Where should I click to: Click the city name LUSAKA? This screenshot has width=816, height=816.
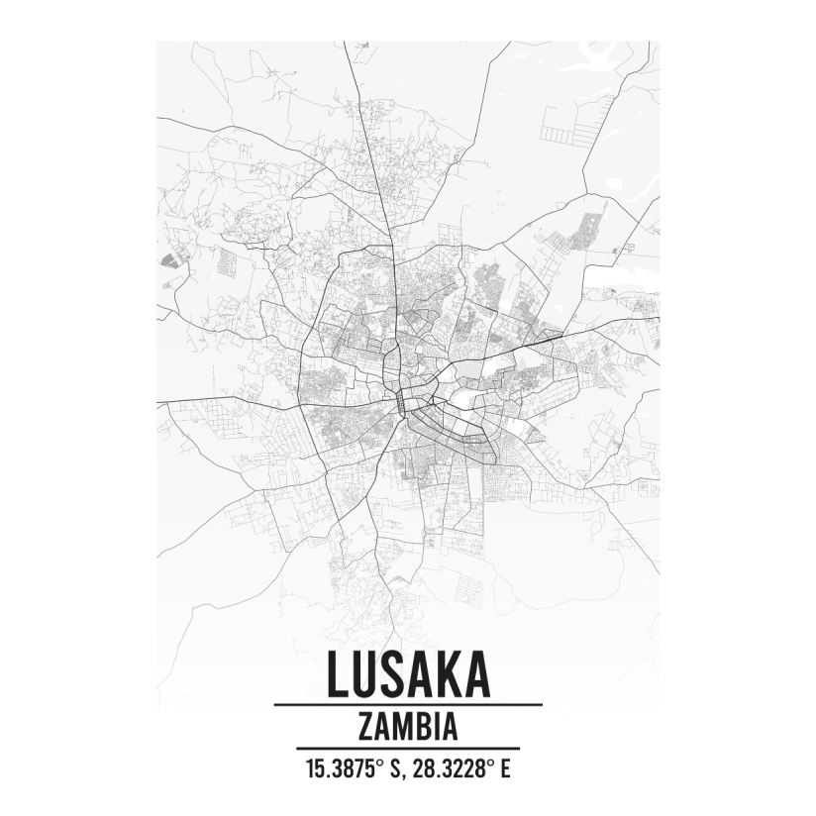pos(407,673)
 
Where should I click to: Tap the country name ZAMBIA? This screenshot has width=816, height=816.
pos(407,727)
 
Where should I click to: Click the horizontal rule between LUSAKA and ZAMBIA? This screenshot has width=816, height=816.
pos(407,704)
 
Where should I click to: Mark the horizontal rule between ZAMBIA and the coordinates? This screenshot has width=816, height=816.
pos(407,749)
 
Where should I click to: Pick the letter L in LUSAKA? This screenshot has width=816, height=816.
pos(338,673)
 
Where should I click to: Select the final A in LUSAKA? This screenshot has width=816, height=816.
pos(475,673)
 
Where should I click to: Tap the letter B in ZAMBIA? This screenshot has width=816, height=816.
pos(423,727)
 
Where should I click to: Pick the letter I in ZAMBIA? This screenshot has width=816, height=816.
pos(436,727)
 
